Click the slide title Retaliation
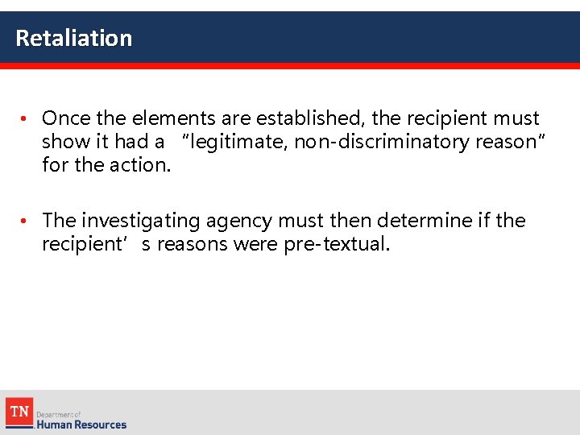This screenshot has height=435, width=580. (x=73, y=38)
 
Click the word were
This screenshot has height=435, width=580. (x=256, y=244)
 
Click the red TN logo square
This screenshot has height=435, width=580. (x=19, y=412)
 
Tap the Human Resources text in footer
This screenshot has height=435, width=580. (x=81, y=424)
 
